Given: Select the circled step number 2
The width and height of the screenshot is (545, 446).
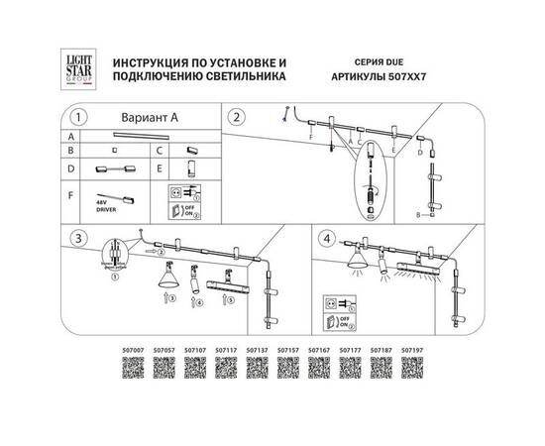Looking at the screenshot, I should [236, 117].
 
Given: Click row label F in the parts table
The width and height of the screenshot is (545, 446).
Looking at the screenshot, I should [69, 195].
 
